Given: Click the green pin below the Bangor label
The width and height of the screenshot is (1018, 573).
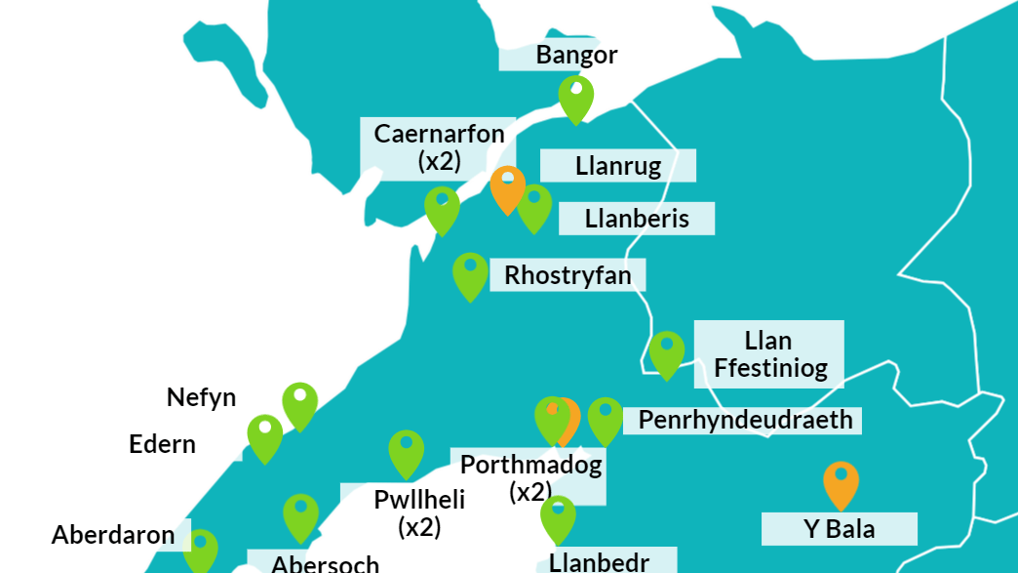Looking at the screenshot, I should (575, 98).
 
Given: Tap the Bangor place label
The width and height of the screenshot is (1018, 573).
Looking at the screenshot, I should (576, 55).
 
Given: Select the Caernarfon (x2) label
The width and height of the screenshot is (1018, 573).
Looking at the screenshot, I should (439, 146).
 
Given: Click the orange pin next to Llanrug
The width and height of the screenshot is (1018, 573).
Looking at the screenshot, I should (507, 186).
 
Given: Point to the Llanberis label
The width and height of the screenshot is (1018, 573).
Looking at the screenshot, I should (637, 219).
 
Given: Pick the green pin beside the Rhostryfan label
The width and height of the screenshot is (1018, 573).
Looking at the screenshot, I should (470, 273).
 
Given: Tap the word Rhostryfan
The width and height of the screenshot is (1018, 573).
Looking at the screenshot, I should (568, 275).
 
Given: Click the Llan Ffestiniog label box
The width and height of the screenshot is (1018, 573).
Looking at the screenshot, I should (769, 354).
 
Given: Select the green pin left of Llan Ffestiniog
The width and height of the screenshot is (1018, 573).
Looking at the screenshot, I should (666, 352).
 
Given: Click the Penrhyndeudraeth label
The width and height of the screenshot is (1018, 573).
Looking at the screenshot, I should (745, 420).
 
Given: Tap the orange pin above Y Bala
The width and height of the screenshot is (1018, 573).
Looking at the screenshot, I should (840, 482).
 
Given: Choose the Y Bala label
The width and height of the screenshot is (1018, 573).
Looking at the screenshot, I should (839, 529).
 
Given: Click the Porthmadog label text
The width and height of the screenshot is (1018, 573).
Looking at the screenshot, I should (530, 465).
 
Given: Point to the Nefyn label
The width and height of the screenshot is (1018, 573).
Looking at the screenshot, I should (201, 397).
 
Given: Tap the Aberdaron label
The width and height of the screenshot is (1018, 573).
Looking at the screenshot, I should (113, 535).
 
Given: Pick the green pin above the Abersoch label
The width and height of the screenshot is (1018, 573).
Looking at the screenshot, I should (300, 515).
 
